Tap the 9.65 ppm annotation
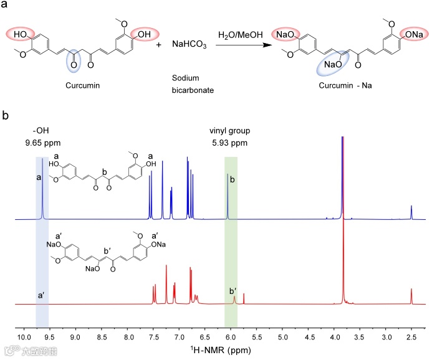point(42,141)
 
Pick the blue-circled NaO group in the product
point(333,64)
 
